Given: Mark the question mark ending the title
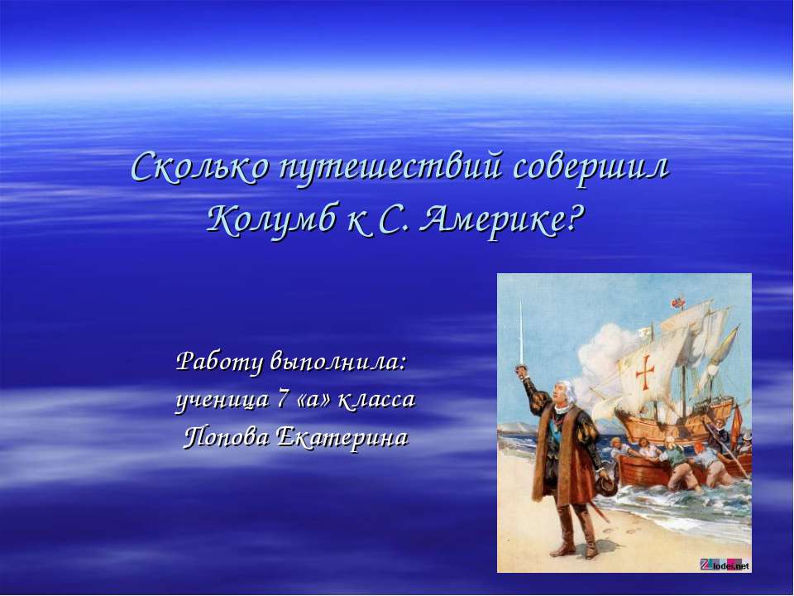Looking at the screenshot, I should click(576, 219).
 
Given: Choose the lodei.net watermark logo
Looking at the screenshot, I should click(725, 565).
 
